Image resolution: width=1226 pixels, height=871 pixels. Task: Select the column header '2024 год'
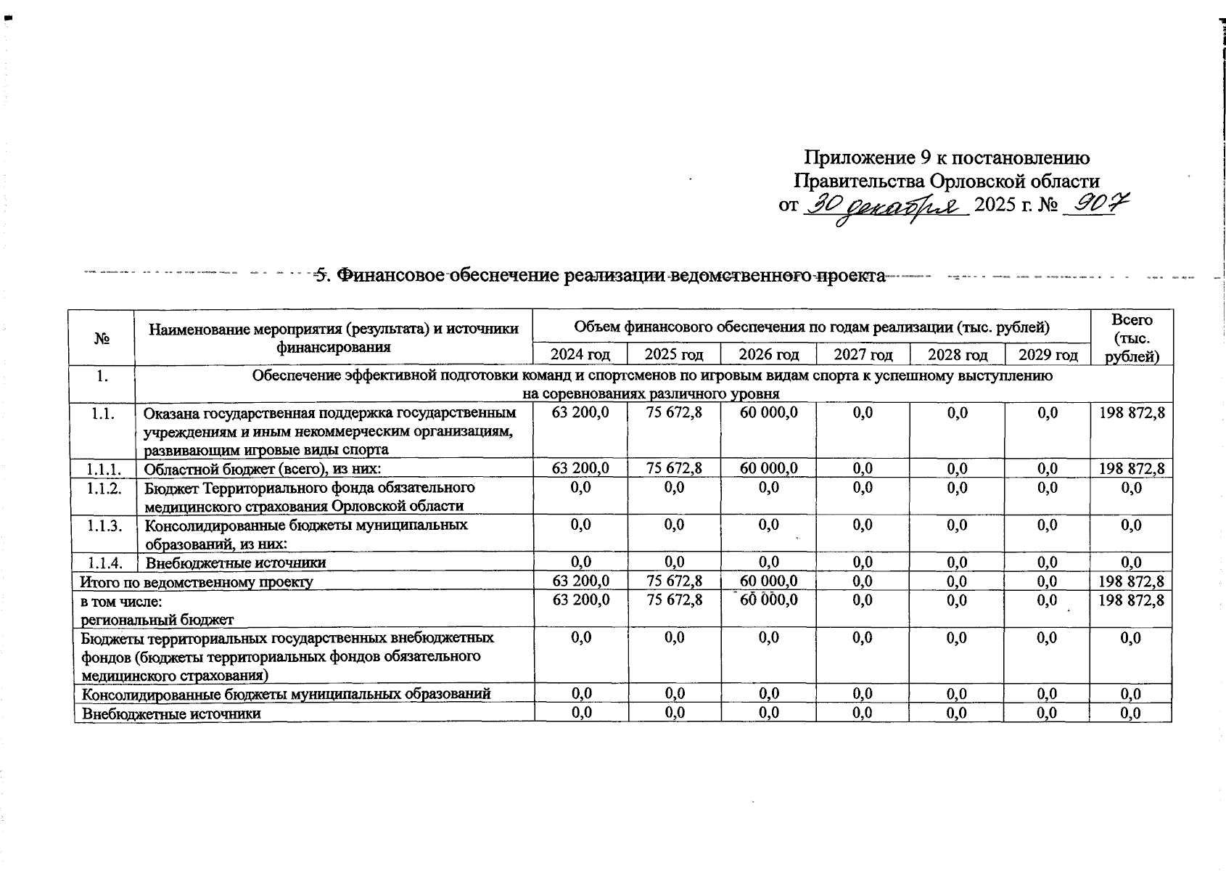580,355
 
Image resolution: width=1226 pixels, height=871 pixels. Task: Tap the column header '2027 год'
863,355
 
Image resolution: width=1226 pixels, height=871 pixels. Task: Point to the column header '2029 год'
1048,355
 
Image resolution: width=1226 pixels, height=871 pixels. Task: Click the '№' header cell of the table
102,338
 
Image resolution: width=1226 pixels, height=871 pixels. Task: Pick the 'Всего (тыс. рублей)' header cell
1132,338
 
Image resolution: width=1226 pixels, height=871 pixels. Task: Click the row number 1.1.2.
103,488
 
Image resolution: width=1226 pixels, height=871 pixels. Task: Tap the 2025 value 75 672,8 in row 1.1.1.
674,469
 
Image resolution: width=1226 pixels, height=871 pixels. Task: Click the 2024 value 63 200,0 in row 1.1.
580,413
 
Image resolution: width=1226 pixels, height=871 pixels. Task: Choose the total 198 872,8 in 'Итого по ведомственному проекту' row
1132,581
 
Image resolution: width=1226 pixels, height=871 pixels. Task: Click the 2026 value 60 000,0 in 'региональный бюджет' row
768,600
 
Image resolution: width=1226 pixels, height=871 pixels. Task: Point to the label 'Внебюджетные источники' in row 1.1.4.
236,563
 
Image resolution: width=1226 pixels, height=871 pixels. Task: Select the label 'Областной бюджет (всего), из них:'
262,469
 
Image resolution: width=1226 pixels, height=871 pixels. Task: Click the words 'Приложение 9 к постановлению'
947,158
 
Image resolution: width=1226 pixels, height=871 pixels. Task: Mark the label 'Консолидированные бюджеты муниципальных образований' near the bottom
286,694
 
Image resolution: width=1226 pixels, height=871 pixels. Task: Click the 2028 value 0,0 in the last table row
957,713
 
